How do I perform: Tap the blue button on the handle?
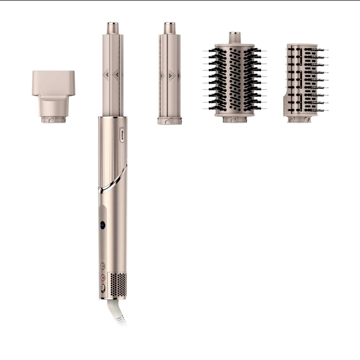click(x=102, y=225)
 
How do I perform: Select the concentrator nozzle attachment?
click(x=53, y=92)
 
